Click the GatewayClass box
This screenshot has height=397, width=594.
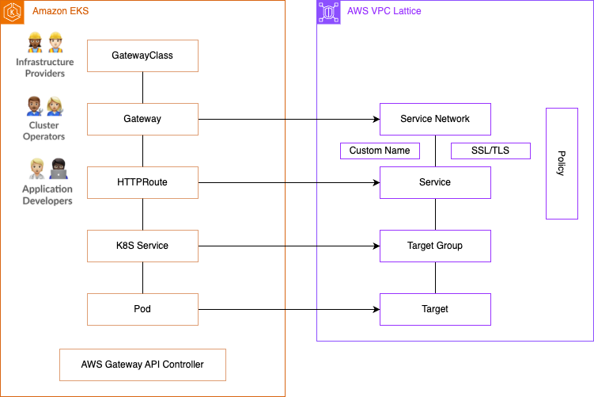[x=142, y=55]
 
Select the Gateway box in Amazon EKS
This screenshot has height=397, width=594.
[x=142, y=119]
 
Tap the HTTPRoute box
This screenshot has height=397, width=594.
[x=142, y=182]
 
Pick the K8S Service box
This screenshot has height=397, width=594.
[x=142, y=246]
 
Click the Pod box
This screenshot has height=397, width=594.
[x=142, y=309]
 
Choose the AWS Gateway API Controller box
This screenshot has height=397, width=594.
[x=142, y=365]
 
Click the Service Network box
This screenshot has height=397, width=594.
[x=435, y=119]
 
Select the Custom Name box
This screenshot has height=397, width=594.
[x=380, y=151]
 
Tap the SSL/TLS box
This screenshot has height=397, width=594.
[x=490, y=151]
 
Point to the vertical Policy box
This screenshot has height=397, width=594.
[x=562, y=163]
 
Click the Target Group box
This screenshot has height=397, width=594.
[x=435, y=246]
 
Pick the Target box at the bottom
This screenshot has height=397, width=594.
[x=435, y=309]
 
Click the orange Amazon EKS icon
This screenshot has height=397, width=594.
[x=12, y=12]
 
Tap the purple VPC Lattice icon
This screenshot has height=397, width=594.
[x=328, y=12]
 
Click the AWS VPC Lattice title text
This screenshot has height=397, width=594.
[x=384, y=11]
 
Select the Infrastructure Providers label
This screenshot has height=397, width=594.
[x=45, y=67]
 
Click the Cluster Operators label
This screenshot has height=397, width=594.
[x=44, y=131]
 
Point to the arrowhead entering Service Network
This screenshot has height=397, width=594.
[x=376, y=119]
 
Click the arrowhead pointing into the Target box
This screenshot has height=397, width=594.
[x=376, y=309]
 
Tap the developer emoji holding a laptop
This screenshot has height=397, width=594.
[x=59, y=169]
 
